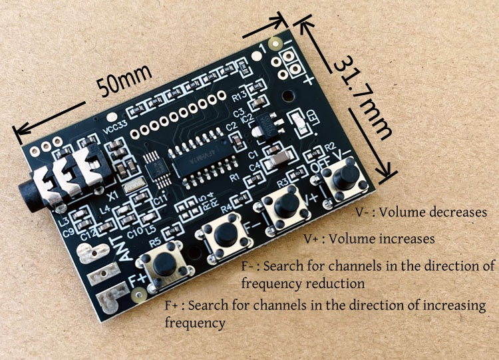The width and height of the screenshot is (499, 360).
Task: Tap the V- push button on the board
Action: [343, 179]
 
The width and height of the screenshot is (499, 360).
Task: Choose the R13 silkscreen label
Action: [240, 98]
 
